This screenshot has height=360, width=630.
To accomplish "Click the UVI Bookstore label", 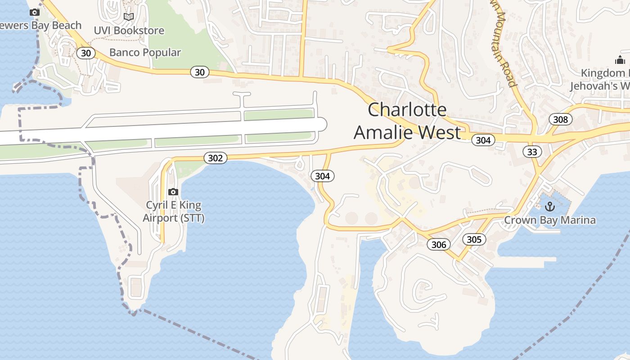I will (129, 31).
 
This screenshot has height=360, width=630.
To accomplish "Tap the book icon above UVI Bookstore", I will (129, 17).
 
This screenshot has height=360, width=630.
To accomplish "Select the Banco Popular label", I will (145, 52).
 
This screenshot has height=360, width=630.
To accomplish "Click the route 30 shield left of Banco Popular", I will (86, 53).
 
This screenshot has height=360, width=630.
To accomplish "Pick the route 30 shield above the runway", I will (200, 72).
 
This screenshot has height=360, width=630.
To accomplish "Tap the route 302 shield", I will (216, 158).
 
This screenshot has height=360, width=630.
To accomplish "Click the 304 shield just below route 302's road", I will (323, 176).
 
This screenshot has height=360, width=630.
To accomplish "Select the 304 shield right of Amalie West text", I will (483, 140).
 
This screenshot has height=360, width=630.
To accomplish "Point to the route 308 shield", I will (560, 119).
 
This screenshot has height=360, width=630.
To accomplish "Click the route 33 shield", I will (532, 152).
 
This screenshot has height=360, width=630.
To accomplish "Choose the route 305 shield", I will (474, 239).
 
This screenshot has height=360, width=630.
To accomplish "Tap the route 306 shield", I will (439, 244).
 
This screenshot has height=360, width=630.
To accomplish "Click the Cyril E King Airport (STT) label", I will (173, 211).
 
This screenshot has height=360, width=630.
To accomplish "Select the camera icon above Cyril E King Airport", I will (173, 192).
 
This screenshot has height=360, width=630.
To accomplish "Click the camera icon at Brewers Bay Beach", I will (35, 12).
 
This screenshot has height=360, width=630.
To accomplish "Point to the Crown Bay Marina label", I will (549, 220).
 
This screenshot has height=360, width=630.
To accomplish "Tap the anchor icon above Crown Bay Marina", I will (549, 207).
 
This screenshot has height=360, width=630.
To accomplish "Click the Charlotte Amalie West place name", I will (407, 121).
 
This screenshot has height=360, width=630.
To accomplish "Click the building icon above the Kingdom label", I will (620, 60).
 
